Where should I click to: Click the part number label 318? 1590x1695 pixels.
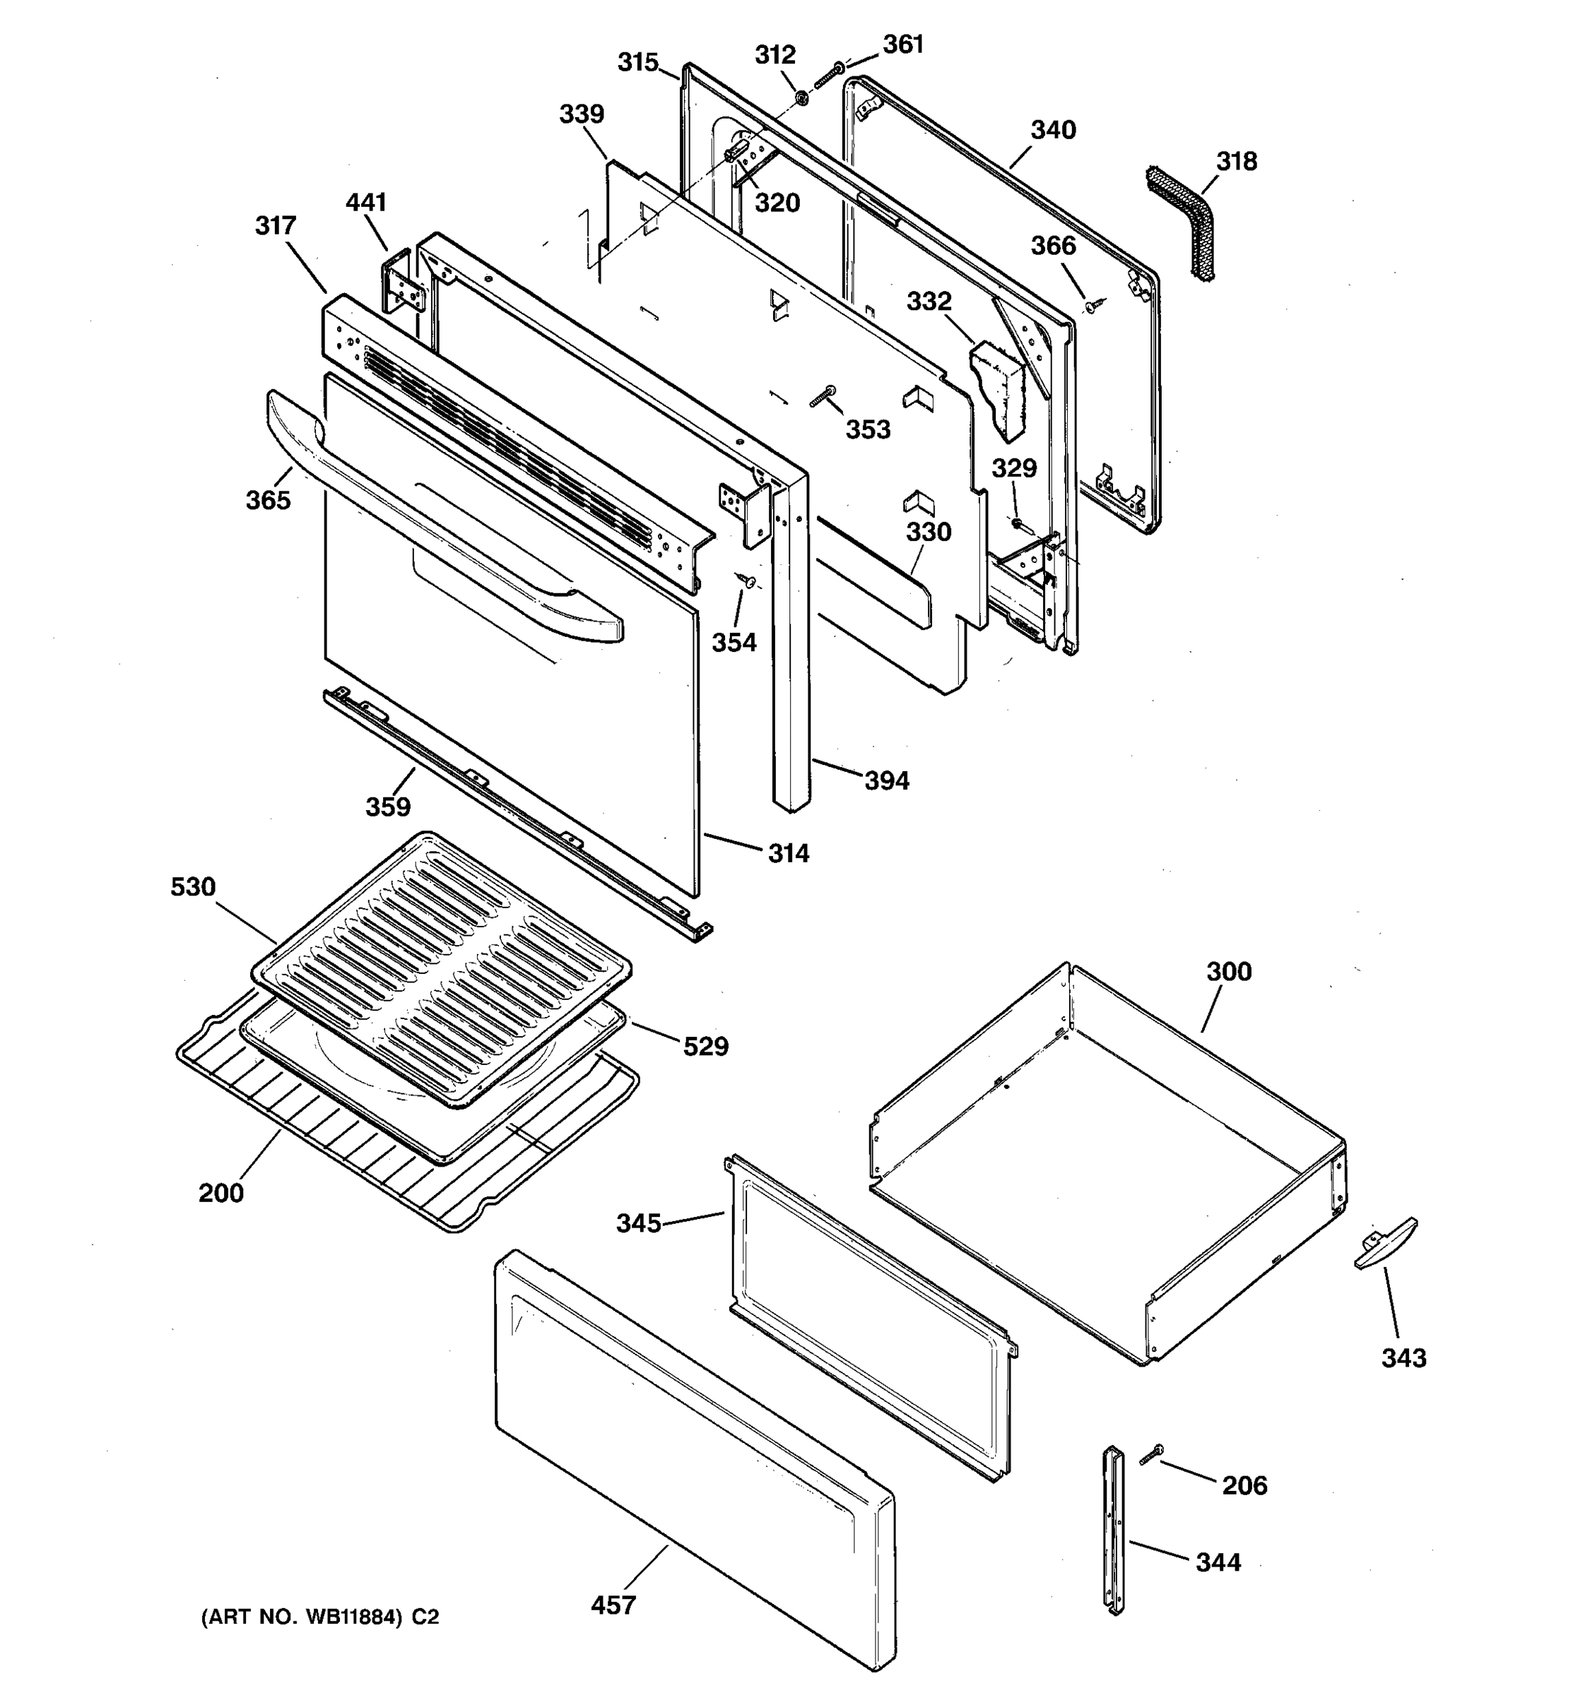pyautogui.click(x=1236, y=161)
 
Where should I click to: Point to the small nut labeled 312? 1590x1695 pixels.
pyautogui.click(x=802, y=100)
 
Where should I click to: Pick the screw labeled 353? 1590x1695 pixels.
pyautogui.click(x=823, y=396)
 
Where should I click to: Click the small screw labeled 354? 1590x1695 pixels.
pyautogui.click(x=748, y=581)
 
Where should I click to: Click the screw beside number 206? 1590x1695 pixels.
pyautogui.click(x=1152, y=1456)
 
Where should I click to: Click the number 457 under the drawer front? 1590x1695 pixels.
pyautogui.click(x=613, y=1605)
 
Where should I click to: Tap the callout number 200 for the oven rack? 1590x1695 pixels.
pyautogui.click(x=221, y=1193)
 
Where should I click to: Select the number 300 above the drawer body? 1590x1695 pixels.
pyautogui.click(x=1228, y=971)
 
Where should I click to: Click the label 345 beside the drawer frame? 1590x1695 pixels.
pyautogui.click(x=638, y=1223)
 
